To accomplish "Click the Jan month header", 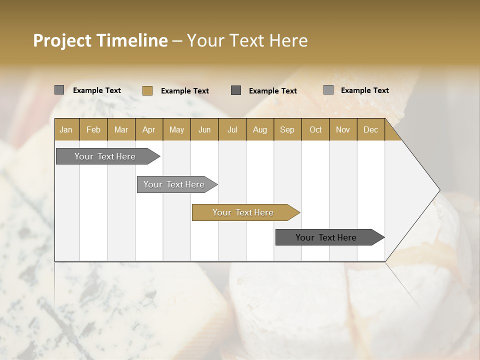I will tap(66, 129).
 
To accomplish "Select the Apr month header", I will tap(148, 129).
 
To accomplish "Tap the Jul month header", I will tap(232, 129).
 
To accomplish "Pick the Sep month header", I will tap(287, 129).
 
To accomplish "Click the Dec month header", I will tap(370, 129).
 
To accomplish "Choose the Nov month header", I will tap(342, 129).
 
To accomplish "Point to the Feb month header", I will tap(93, 129).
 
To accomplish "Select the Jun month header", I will tap(204, 129).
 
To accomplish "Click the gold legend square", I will tap(147, 90).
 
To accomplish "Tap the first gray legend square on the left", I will tap(59, 90).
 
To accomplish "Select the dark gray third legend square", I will tap(236, 90).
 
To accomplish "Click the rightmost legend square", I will tap(328, 90).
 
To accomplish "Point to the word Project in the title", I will tap(61, 40).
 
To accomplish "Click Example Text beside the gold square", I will tap(184, 91).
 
